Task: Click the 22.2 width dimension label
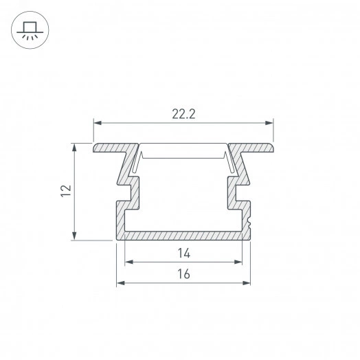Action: click(x=183, y=114)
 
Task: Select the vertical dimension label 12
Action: click(x=66, y=190)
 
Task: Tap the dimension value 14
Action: click(x=184, y=254)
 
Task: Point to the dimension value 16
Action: click(x=183, y=274)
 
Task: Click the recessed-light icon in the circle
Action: click(x=30, y=31)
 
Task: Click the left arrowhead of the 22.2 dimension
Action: click(x=98, y=123)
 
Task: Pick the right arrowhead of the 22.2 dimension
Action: click(x=269, y=123)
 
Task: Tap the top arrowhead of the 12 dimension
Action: click(x=74, y=148)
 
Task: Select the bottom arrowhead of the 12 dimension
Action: click(x=74, y=236)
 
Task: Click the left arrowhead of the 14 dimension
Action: click(x=129, y=262)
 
